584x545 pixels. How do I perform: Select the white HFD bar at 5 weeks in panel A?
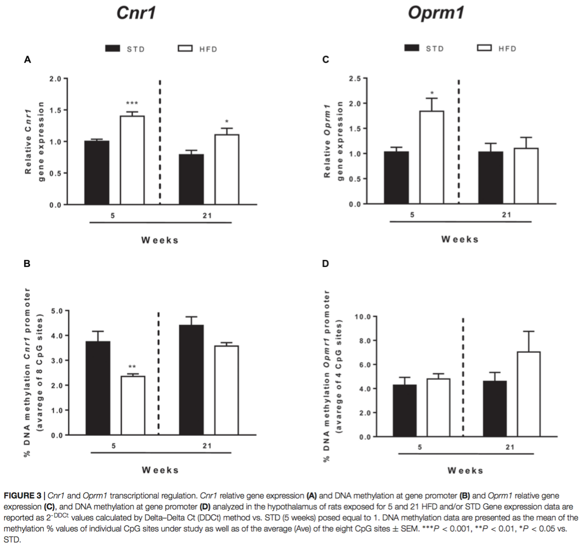132,160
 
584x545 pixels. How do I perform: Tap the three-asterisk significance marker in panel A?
132,103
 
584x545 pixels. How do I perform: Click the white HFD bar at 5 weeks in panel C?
431,157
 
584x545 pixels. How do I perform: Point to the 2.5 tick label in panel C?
354,79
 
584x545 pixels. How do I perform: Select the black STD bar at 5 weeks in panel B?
97,388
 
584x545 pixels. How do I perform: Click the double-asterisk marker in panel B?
132,367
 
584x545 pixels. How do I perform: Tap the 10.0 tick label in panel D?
363,317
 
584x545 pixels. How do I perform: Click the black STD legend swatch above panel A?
112,48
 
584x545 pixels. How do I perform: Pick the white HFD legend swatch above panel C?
484,48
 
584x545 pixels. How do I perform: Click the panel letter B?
27,263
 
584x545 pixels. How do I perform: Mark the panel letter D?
325,263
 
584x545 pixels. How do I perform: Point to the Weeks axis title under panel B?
160,470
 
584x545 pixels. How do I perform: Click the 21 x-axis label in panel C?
506,215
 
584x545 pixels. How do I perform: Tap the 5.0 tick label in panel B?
56,311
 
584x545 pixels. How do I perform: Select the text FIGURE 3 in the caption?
22,495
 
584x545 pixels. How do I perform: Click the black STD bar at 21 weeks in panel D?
494,408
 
